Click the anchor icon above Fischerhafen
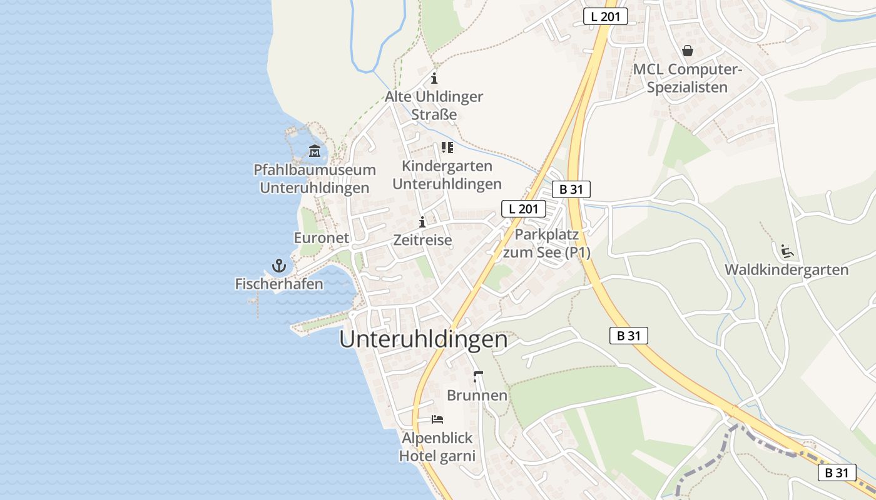(x=279, y=266)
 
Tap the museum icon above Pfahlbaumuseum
(x=314, y=151)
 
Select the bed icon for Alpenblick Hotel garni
(x=437, y=419)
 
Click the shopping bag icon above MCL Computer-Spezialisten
(x=687, y=51)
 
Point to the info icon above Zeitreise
(x=422, y=222)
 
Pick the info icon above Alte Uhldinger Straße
(x=434, y=79)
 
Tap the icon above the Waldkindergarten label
(x=787, y=251)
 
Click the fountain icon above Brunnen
(x=478, y=377)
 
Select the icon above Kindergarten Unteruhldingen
(x=447, y=147)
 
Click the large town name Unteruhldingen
(x=424, y=339)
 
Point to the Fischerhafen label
(x=279, y=284)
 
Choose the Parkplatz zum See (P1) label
(x=547, y=244)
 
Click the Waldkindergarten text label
(x=787, y=270)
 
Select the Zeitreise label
(x=422, y=240)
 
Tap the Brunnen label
(x=477, y=396)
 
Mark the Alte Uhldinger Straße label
(x=434, y=106)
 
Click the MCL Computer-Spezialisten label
(x=687, y=78)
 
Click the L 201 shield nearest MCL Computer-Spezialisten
(x=605, y=17)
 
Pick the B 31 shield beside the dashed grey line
(x=837, y=472)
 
